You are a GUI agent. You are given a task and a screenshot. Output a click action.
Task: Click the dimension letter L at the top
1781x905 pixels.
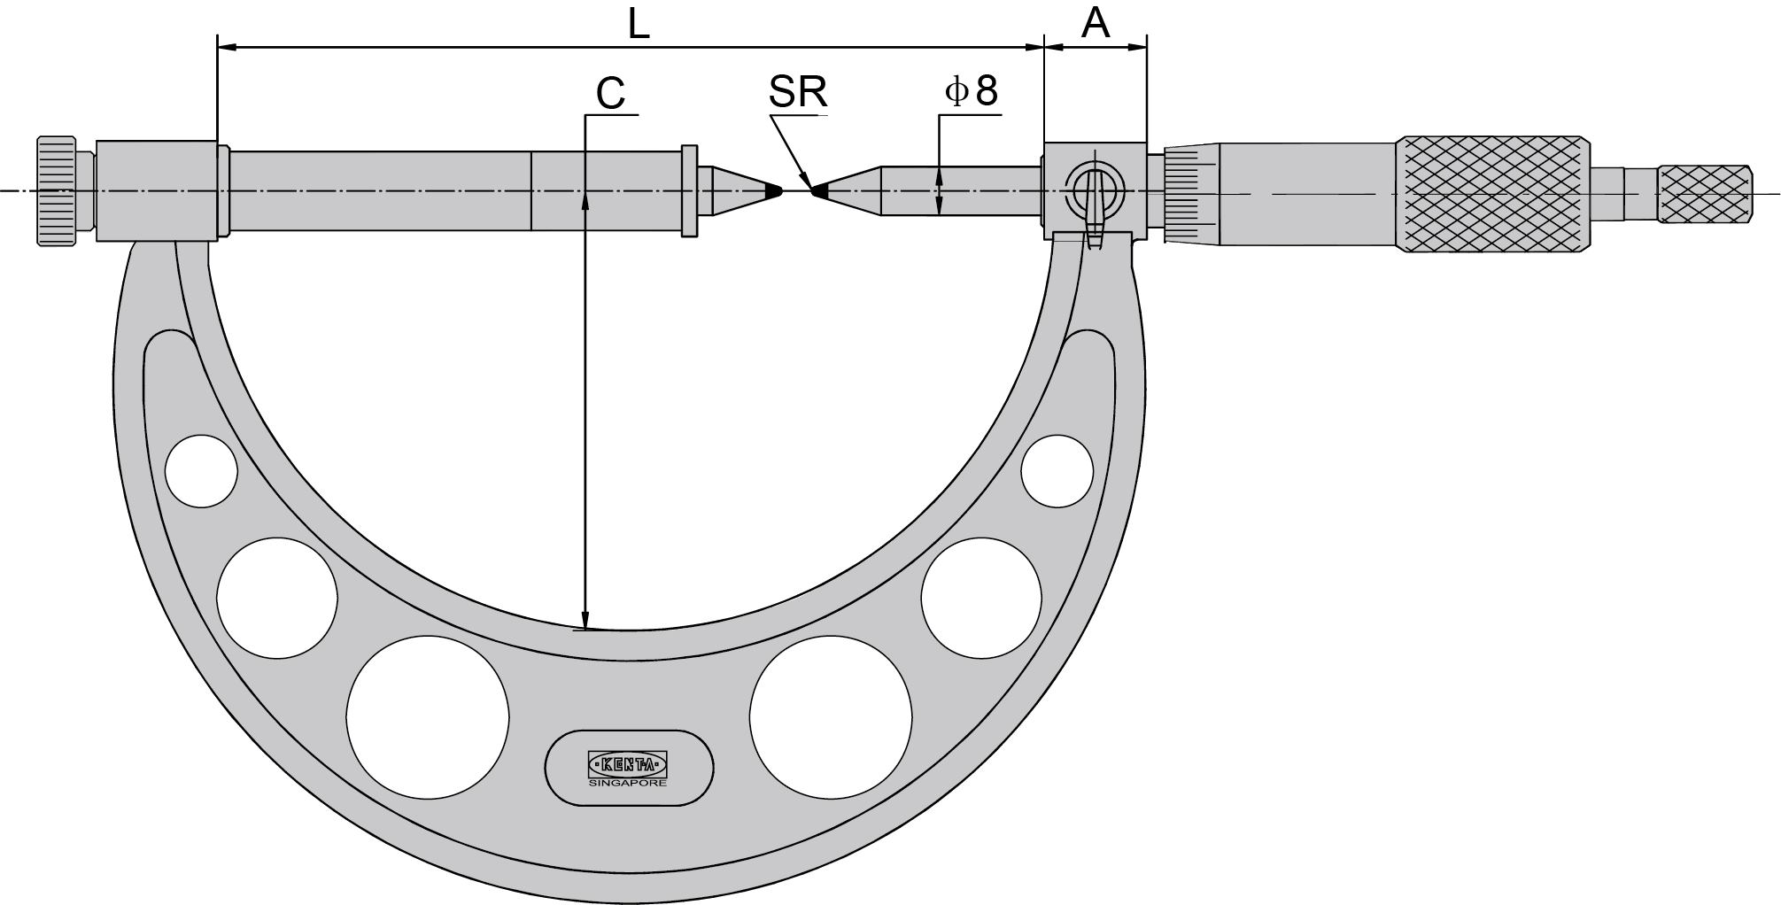tap(639, 24)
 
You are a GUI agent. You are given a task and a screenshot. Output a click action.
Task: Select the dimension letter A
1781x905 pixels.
tap(1096, 24)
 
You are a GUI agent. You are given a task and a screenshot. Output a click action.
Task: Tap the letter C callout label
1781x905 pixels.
tap(610, 93)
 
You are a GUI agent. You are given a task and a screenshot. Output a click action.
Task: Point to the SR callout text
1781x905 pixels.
tap(797, 92)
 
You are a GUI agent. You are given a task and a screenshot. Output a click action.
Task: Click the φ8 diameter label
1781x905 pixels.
tap(972, 91)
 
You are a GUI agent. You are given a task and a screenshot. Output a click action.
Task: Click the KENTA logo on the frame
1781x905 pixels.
tap(628, 763)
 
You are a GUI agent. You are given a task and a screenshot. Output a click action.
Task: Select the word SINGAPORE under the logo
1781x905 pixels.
tap(628, 783)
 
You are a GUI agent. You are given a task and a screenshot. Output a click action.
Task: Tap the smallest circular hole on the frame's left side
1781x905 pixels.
tap(202, 471)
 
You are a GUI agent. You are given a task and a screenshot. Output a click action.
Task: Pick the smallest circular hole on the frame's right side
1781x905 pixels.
tap(1057, 471)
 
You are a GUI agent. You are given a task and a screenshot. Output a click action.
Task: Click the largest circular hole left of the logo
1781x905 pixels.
tap(428, 716)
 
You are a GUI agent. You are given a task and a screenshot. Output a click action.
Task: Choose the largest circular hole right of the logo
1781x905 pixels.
tap(831, 716)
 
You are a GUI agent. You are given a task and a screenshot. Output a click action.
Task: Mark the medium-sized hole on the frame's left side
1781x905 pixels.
tap(277, 599)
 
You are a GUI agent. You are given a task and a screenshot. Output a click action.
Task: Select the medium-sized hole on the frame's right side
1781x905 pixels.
tap(981, 599)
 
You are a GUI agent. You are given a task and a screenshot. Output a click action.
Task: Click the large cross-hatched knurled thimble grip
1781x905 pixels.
tap(1491, 194)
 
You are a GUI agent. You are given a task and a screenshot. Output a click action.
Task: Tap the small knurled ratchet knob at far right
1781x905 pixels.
tap(1704, 194)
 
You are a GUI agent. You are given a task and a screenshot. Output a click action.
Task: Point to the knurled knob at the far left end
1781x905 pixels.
tap(56, 190)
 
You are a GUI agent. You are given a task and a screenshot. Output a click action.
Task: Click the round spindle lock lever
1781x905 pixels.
tap(1095, 190)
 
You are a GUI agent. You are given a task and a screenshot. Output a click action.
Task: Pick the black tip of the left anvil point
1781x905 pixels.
tap(774, 190)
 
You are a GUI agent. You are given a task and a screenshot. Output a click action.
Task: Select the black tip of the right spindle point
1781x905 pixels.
tap(819, 190)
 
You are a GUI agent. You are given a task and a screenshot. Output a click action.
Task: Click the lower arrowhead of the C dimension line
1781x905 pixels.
tap(585, 619)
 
